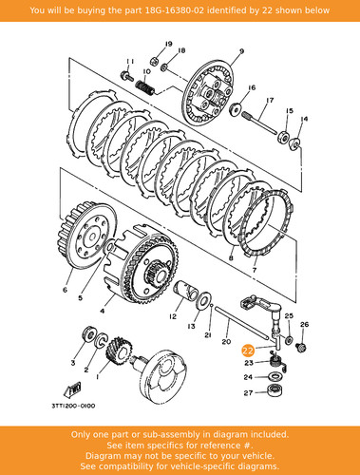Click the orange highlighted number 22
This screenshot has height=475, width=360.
click(248, 351)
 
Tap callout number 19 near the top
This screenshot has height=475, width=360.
click(168, 44)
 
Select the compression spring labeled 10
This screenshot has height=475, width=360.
click(145, 87)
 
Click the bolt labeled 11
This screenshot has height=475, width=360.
click(126, 76)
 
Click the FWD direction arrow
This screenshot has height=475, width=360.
click(72, 389)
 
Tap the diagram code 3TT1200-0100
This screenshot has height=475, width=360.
click(73, 406)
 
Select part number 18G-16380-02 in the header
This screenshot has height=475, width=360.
click(175, 10)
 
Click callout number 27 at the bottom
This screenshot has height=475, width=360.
click(248, 393)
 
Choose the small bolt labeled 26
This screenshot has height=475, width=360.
click(302, 348)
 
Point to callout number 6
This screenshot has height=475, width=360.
click(66, 290)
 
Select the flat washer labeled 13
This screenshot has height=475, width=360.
click(205, 300)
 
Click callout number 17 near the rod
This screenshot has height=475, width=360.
click(270, 100)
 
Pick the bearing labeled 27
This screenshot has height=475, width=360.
click(275, 390)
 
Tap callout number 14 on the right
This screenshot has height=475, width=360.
click(304, 119)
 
